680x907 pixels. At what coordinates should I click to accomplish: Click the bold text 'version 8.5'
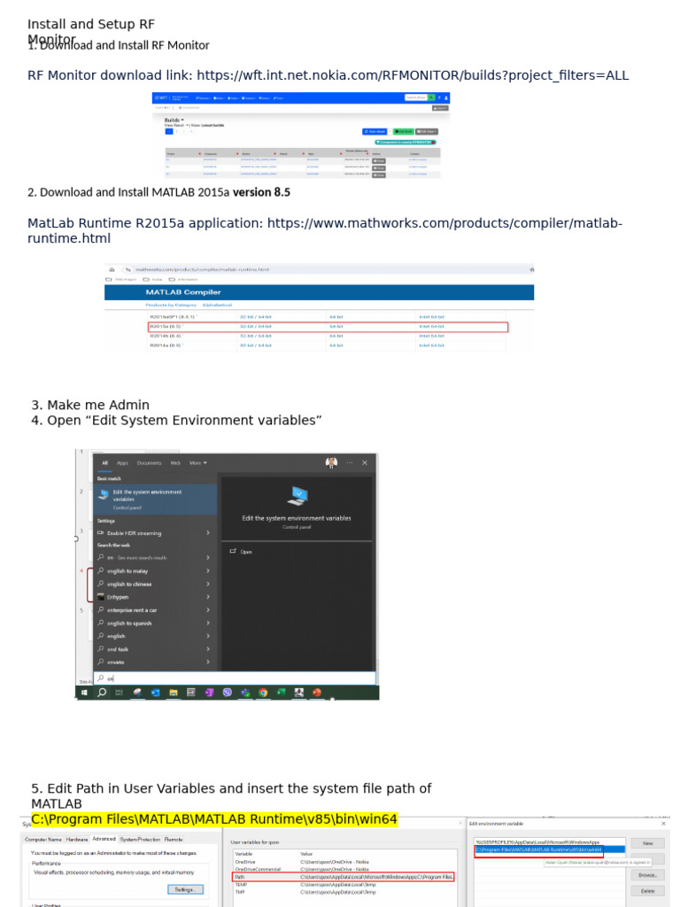(x=261, y=192)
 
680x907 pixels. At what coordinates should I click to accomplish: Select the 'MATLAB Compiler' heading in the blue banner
(x=183, y=291)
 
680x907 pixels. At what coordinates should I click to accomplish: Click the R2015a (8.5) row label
(x=166, y=327)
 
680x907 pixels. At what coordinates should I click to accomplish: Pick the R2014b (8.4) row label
(x=166, y=336)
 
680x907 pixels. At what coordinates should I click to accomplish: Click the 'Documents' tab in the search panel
(x=150, y=462)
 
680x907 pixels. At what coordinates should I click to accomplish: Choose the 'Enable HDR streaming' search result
(x=134, y=533)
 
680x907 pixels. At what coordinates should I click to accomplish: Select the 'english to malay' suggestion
(x=129, y=571)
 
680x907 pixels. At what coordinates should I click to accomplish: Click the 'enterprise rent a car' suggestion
(x=132, y=610)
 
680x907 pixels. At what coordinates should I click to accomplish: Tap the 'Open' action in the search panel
(x=245, y=551)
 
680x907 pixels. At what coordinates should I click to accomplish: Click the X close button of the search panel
(x=365, y=462)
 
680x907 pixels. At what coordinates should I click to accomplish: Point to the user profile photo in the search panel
(x=331, y=462)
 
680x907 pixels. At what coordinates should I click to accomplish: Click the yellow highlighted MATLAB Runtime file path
(x=214, y=819)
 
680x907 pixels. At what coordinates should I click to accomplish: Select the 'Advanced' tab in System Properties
(x=104, y=839)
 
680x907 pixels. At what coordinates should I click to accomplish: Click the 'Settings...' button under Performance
(x=184, y=889)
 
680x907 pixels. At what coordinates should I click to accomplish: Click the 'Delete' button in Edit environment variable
(x=647, y=891)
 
